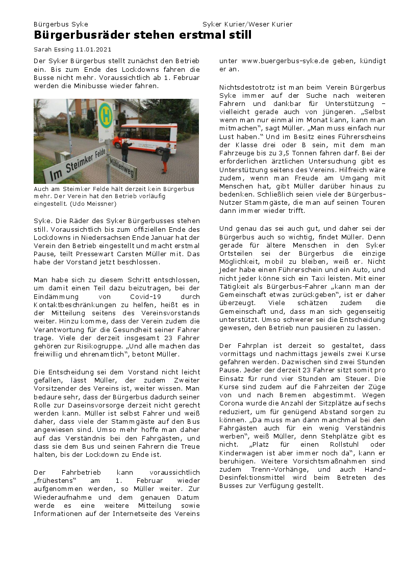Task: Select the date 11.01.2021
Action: [x=93, y=49]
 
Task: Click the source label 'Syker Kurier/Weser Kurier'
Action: [x=247, y=24]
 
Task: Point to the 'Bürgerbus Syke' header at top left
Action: [x=61, y=24]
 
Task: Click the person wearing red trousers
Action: [x=165, y=158]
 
